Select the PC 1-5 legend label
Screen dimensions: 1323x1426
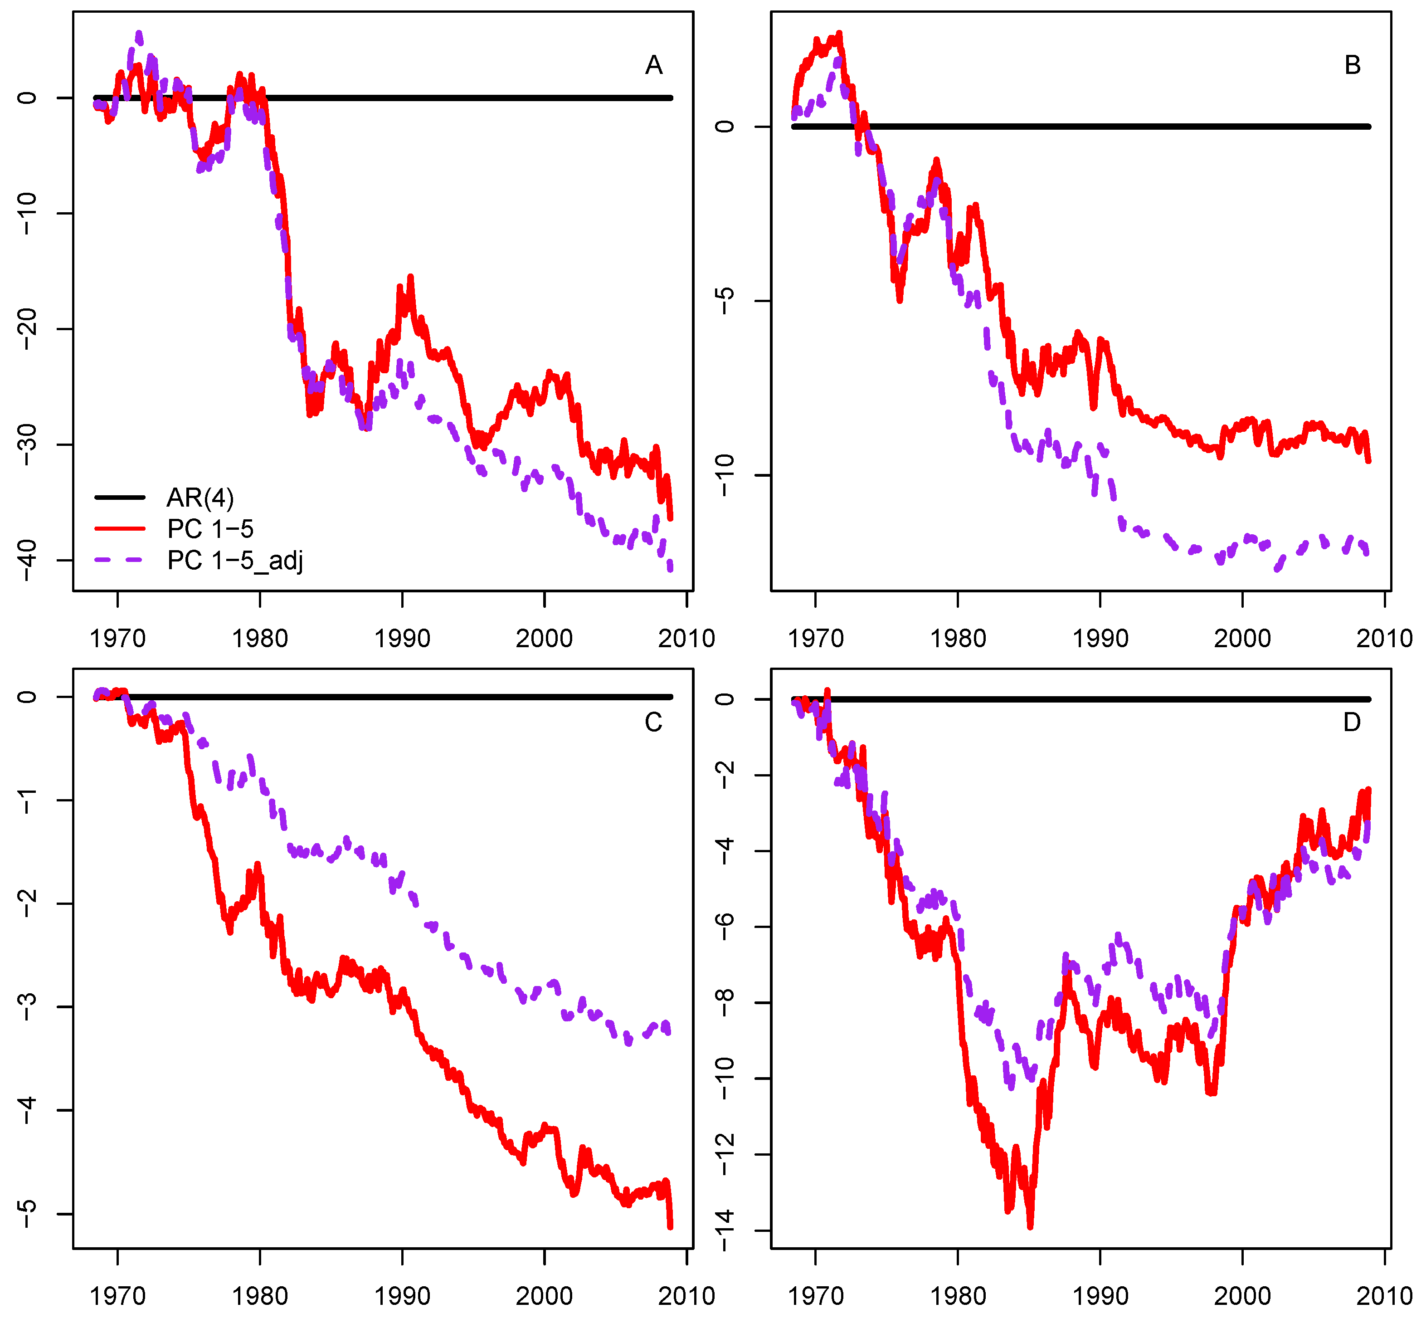click(x=210, y=529)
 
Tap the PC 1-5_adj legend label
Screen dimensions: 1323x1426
click(x=235, y=561)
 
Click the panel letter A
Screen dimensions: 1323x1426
click(x=653, y=65)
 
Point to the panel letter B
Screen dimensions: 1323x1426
click(x=1352, y=65)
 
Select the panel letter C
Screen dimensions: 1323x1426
click(x=653, y=723)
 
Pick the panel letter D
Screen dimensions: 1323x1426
click(x=1352, y=723)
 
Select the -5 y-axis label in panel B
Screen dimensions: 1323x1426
click(x=725, y=301)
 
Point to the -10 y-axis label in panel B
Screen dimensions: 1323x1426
click(x=725, y=475)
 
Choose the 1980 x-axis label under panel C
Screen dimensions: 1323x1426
click(x=260, y=1296)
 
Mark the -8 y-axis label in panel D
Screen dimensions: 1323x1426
click(x=725, y=1002)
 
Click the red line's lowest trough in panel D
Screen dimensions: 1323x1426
click(x=1030, y=1226)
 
